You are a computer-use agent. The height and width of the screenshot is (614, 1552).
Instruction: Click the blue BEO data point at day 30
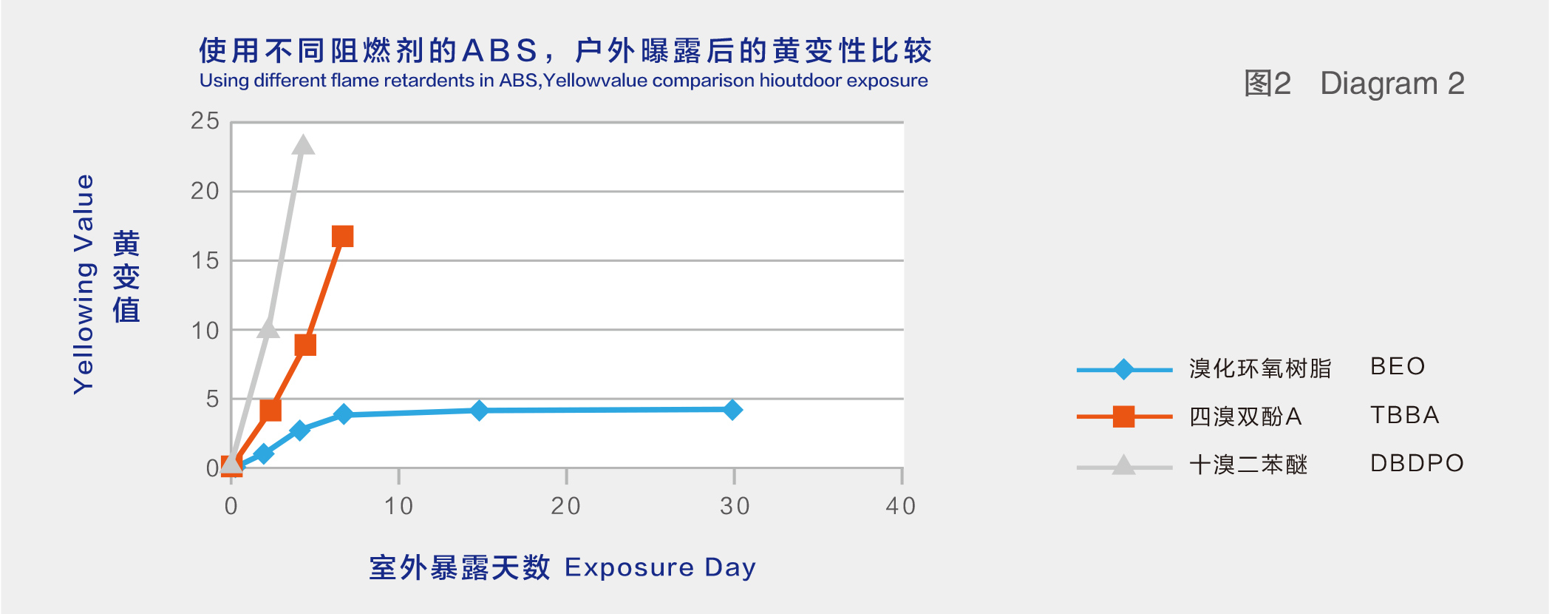click(x=732, y=409)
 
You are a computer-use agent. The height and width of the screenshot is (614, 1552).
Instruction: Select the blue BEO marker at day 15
click(x=479, y=410)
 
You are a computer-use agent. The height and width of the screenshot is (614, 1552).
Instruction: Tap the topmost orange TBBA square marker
click(x=342, y=237)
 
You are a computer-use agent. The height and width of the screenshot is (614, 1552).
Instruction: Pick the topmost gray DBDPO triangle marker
click(x=302, y=144)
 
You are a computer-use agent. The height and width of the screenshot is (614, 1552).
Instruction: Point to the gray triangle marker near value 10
click(x=268, y=328)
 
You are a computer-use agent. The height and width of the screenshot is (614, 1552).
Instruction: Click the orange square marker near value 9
click(x=305, y=345)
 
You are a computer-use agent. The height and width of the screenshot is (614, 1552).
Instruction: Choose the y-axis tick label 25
click(x=205, y=121)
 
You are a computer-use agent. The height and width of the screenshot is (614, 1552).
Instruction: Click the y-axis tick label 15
click(x=205, y=260)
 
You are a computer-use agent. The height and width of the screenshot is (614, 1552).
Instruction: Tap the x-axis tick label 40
click(x=901, y=506)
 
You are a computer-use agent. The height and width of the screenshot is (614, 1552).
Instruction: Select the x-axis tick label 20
click(x=566, y=506)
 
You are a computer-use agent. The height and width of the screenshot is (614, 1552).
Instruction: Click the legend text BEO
click(x=1398, y=366)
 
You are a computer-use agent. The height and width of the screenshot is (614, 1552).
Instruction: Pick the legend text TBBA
click(x=1405, y=415)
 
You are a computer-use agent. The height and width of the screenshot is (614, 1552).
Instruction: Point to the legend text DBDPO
click(x=1417, y=463)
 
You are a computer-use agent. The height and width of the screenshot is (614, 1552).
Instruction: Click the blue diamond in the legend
click(x=1123, y=369)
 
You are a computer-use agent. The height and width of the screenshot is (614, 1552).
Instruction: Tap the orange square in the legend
click(x=1123, y=416)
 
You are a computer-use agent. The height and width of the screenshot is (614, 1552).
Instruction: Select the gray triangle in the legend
click(x=1123, y=465)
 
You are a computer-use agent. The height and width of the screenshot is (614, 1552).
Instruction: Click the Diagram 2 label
click(x=1392, y=84)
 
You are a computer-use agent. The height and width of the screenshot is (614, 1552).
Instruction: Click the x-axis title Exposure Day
click(x=660, y=567)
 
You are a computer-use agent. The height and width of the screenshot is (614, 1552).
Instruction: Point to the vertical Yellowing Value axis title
click(x=84, y=284)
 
